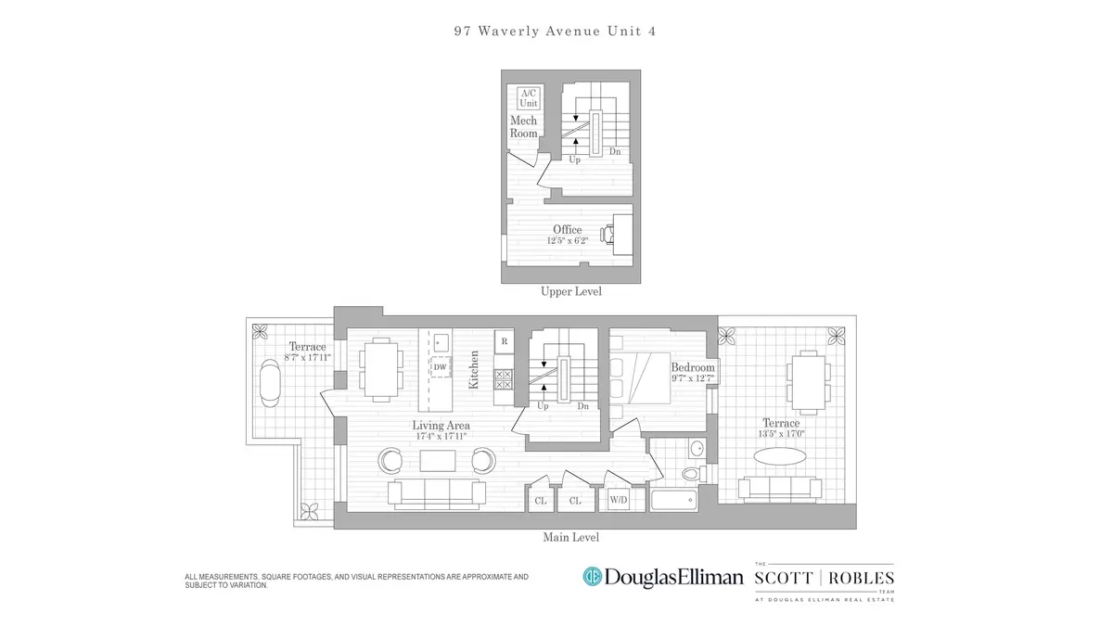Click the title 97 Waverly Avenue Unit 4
pos(556,31)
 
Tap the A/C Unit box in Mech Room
pos(528,98)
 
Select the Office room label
pos(568,230)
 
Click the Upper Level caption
pos(571,291)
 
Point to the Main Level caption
pos(571,537)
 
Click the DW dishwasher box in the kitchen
pos(440,367)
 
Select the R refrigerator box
pos(504,341)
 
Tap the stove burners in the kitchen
pos(504,379)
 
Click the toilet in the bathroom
pos(690,474)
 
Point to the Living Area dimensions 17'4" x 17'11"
pos(440,437)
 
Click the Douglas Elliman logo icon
pos(593,577)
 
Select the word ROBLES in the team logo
pos(858,577)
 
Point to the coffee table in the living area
pos(438,460)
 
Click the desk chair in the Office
pos(608,233)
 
